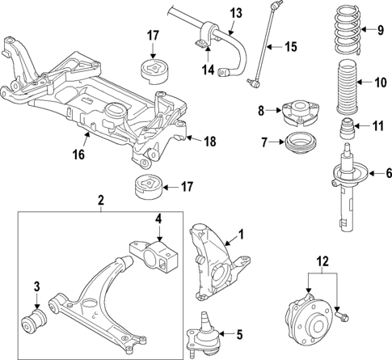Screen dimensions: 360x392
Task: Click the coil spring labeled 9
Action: (x=342, y=32)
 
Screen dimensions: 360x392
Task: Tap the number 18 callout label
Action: (x=209, y=142)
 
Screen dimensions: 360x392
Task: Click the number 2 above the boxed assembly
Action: (x=101, y=200)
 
